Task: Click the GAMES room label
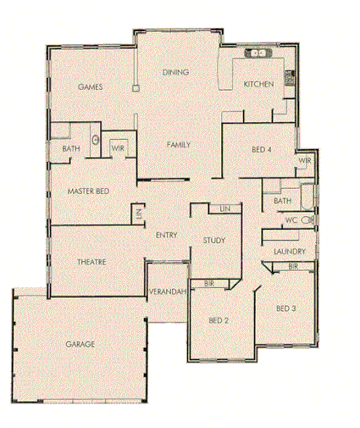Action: pyautogui.click(x=90, y=87)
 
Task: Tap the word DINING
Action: pyautogui.click(x=175, y=72)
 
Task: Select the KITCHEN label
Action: pyautogui.click(x=258, y=84)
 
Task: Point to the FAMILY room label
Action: pyautogui.click(x=178, y=145)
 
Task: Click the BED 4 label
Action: pyautogui.click(x=263, y=149)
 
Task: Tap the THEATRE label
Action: pyautogui.click(x=91, y=263)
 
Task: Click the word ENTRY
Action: pyautogui.click(x=165, y=235)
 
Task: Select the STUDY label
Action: pyautogui.click(x=214, y=242)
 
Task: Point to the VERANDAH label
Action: pyautogui.click(x=167, y=292)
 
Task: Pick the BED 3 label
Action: pyautogui.click(x=285, y=307)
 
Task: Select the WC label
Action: pyautogui.click(x=291, y=220)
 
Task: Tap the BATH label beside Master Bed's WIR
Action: pyautogui.click(x=71, y=149)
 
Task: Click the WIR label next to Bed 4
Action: pyautogui.click(x=304, y=160)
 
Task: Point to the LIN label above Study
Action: pyautogui.click(x=224, y=208)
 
